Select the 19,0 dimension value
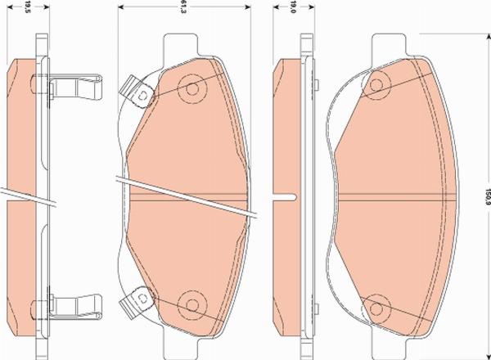pos(293,7)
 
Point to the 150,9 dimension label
pos(487,196)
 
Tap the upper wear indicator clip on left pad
pos(137,92)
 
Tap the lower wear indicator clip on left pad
pos(137,301)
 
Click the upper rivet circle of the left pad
pos(192,89)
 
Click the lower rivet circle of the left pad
pos(192,305)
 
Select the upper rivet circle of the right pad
pos(376,85)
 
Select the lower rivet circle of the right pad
pos(376,309)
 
